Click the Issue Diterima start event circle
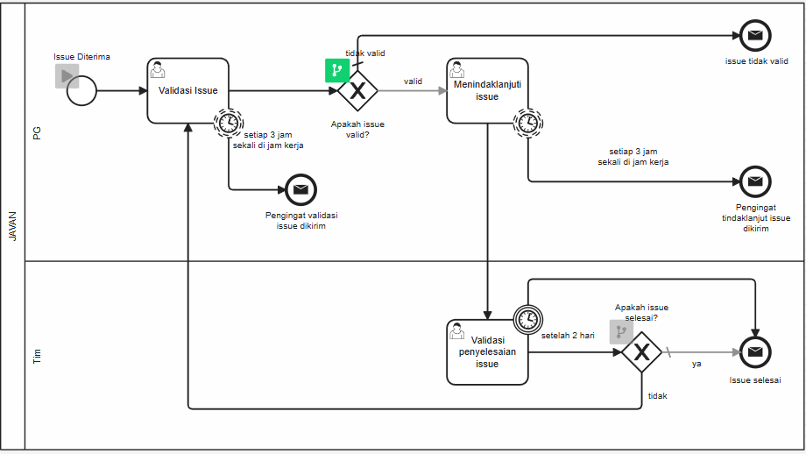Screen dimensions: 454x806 [x=82, y=90]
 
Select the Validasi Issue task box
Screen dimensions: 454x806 [x=187, y=90]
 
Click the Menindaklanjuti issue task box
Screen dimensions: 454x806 [x=487, y=90]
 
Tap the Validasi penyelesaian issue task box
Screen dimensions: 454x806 [x=487, y=351]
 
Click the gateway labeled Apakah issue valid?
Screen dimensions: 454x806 [x=357, y=90]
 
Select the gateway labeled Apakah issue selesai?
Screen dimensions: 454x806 [x=641, y=352]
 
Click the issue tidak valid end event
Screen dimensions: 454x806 [x=754, y=36]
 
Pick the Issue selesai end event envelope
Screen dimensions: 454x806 [x=754, y=352]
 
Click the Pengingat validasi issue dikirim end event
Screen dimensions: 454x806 [x=300, y=189]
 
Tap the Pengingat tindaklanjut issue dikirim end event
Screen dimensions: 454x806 [x=754, y=181]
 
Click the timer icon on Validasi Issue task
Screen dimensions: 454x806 [x=229, y=123]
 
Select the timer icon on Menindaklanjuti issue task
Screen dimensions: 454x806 [x=527, y=123]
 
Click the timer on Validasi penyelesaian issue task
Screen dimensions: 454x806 [x=527, y=319]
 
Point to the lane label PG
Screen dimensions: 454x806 [x=37, y=132]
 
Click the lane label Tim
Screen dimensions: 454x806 [x=37, y=355]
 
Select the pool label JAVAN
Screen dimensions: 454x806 [x=12, y=226]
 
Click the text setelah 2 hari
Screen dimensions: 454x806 [x=567, y=335]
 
